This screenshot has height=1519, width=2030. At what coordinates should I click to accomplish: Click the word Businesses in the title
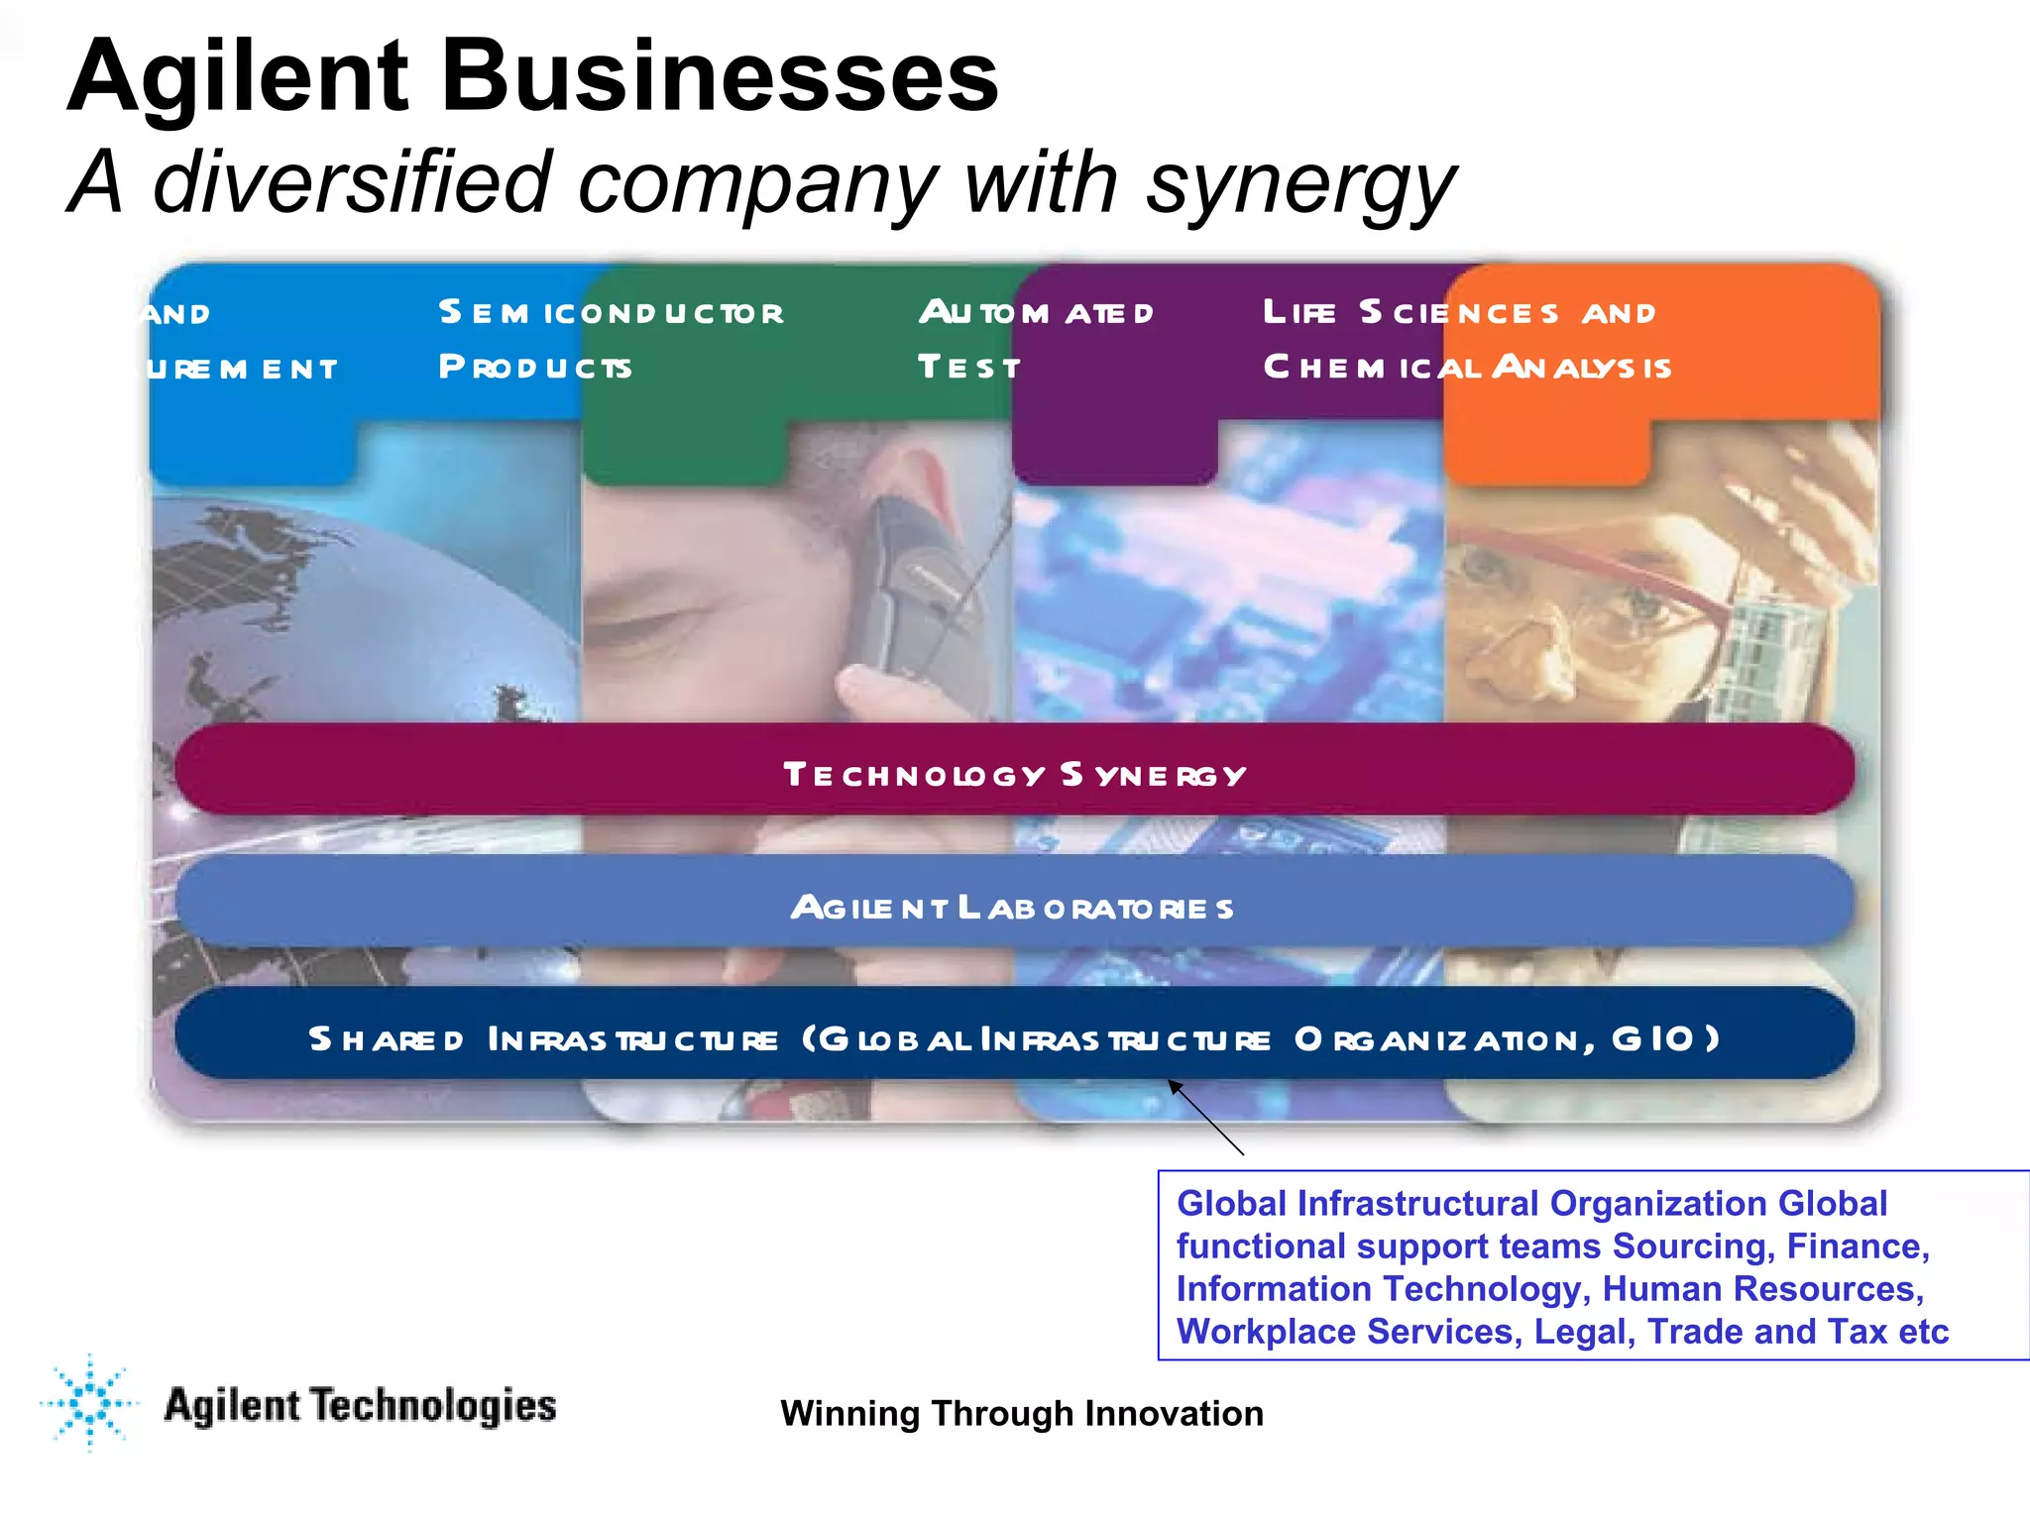point(720,77)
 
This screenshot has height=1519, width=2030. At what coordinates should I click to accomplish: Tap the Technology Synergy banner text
point(1014,774)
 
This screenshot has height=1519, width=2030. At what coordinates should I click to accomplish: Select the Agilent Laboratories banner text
point(1012,907)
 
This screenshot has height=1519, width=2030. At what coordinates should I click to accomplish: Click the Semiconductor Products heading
point(611,339)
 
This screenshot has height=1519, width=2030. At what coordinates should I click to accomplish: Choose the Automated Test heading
point(1036,339)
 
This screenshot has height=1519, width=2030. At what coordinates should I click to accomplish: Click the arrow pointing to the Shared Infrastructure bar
point(1205,1117)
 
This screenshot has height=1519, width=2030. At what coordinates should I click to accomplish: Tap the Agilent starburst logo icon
point(90,1402)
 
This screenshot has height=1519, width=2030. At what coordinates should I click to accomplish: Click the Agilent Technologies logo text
point(360,1405)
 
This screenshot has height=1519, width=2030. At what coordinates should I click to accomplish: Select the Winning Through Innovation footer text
point(1021,1413)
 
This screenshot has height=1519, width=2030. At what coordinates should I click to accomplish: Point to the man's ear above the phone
point(907,471)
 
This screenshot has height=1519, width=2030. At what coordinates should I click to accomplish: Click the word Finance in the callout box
point(1857,1246)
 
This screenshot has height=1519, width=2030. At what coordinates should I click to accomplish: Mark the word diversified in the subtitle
point(352,182)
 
